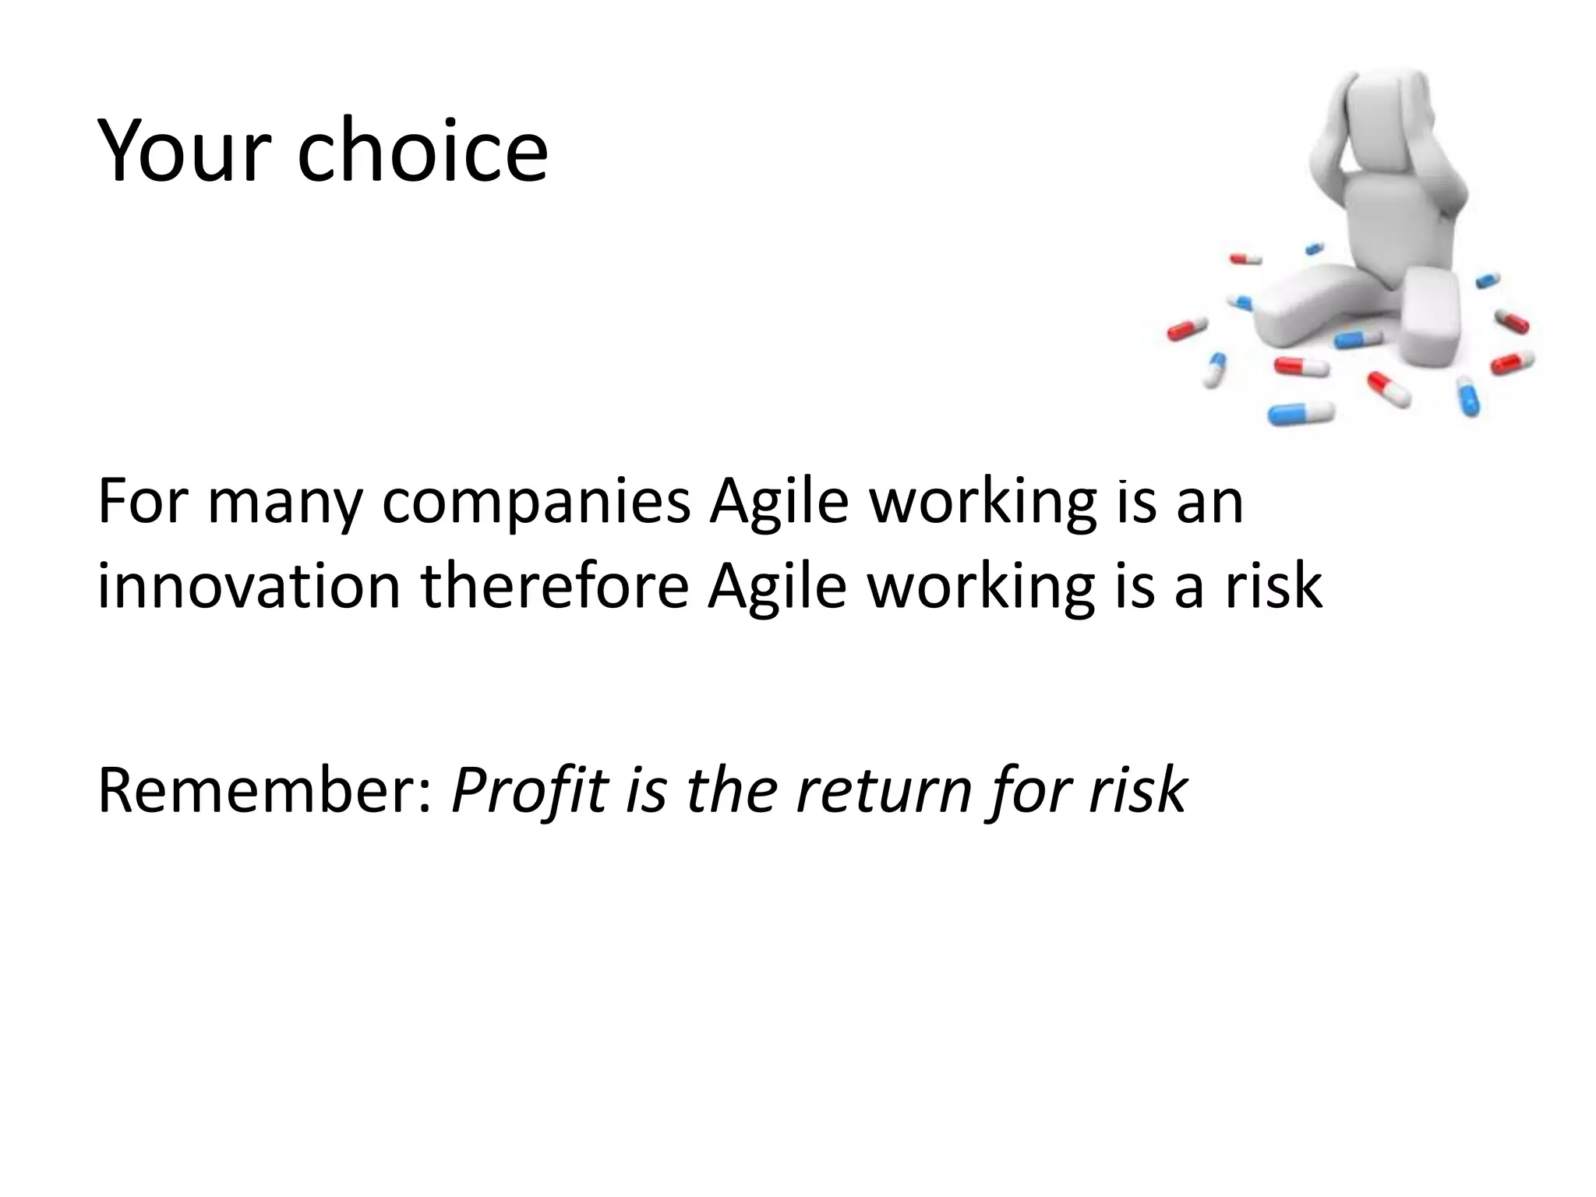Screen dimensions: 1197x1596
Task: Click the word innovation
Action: click(x=248, y=586)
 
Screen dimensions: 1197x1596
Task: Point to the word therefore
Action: click(x=554, y=586)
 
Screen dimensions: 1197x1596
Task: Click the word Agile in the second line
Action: click(x=777, y=586)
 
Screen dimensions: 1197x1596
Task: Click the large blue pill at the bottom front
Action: click(x=1301, y=413)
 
